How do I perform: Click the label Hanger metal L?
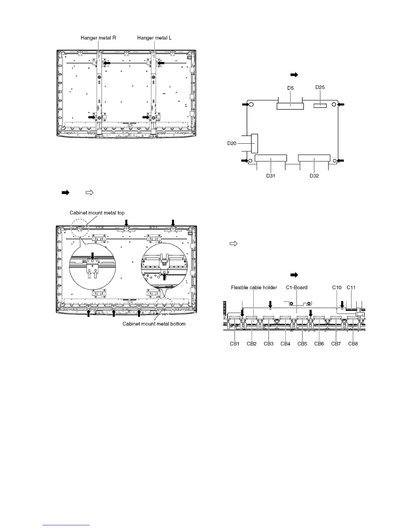point(154,38)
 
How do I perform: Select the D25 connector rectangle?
point(320,105)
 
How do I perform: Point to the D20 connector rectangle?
point(254,143)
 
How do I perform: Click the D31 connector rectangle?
point(270,159)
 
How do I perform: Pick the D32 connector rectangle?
point(314,159)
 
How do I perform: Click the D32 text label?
point(314,176)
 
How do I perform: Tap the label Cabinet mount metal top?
point(97,213)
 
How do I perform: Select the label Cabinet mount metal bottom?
point(154,324)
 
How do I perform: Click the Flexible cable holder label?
point(254,287)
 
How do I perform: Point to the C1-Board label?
point(297,287)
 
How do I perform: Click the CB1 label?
point(235,344)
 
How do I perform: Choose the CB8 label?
point(353,344)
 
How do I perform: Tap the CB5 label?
point(302,344)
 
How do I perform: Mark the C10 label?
point(337,287)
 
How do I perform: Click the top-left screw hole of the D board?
point(252,105)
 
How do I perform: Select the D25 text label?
point(320,88)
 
